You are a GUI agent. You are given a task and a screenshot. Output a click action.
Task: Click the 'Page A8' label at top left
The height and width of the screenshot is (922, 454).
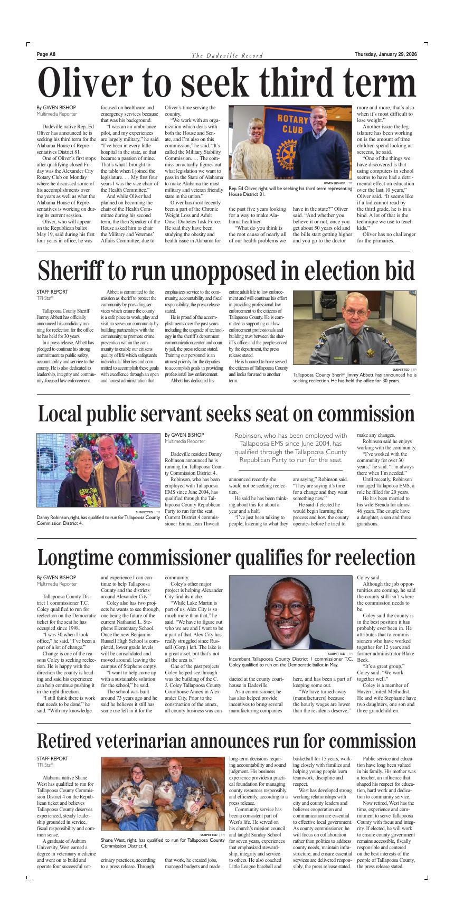pos(46,54)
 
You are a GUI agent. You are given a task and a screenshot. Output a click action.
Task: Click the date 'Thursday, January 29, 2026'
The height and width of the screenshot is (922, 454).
pos(385,54)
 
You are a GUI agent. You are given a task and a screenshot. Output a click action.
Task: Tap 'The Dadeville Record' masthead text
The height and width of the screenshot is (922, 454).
pos(227,55)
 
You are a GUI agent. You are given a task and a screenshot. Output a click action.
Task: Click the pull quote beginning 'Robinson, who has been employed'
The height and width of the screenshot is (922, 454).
pos(290,448)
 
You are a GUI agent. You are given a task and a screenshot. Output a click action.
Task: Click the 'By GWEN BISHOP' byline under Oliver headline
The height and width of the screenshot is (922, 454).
pos(56,107)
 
